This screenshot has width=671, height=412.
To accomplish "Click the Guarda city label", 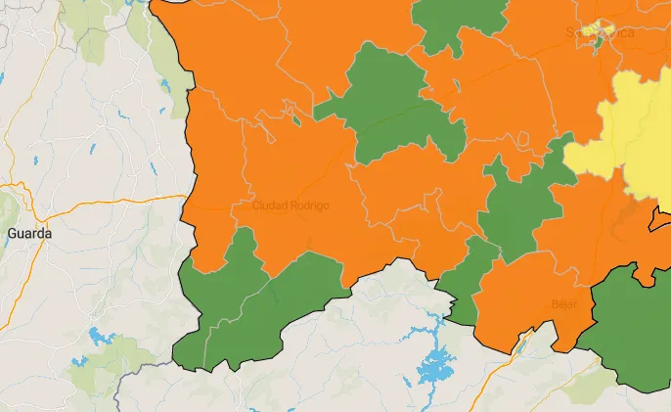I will [28, 234].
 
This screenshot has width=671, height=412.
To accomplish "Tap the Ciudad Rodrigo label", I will [291, 206].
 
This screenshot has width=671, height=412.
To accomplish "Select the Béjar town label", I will [564, 303].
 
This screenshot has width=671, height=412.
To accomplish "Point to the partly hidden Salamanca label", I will [599, 33].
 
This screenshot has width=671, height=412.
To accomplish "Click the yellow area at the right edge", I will [631, 137].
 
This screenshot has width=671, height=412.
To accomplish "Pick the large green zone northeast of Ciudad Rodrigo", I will [386, 98].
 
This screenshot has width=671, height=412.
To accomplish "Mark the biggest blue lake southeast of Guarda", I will [99, 338].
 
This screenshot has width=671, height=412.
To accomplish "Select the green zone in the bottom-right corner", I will [631, 328].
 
